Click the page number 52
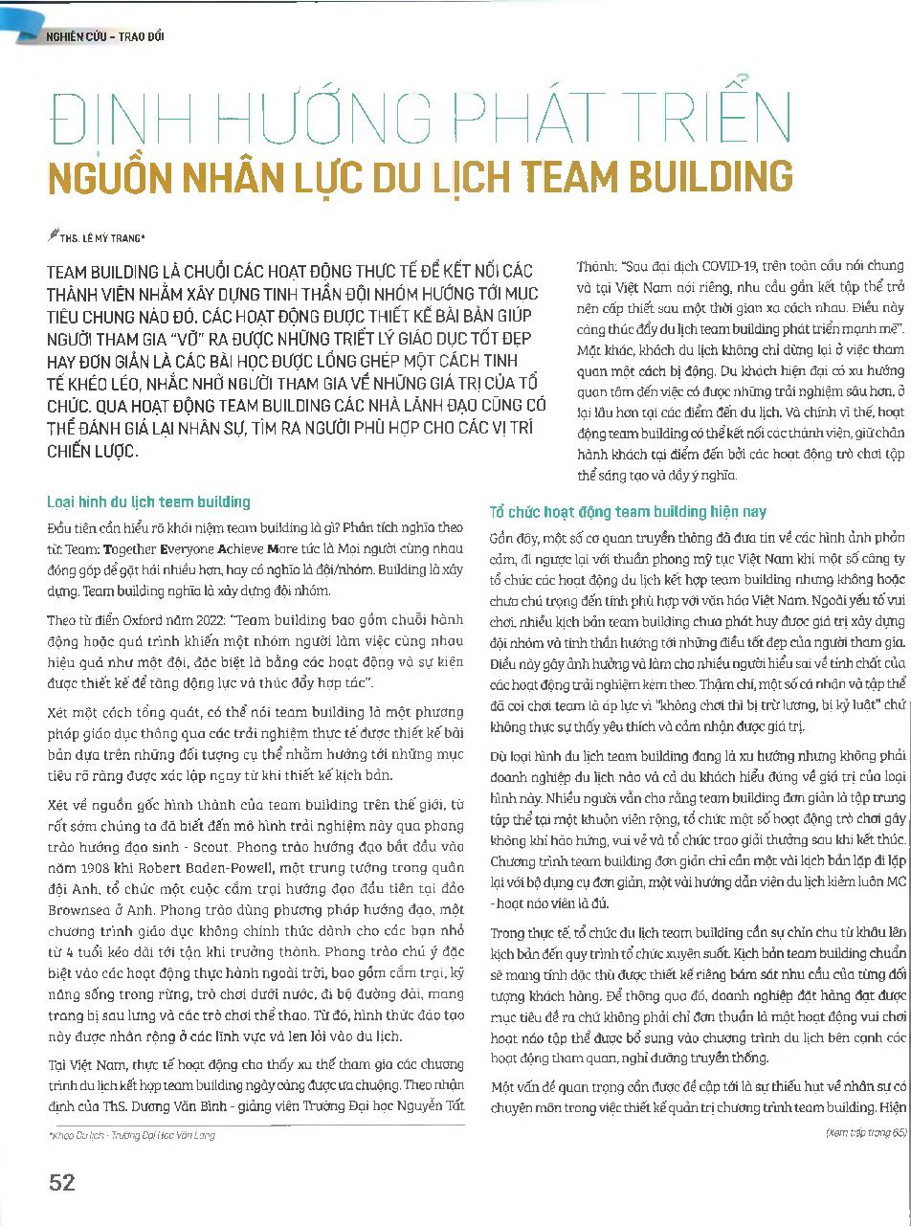[x=61, y=1182]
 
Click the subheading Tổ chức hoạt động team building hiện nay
[x=628, y=512]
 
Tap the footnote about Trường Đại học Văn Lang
[x=131, y=1135]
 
